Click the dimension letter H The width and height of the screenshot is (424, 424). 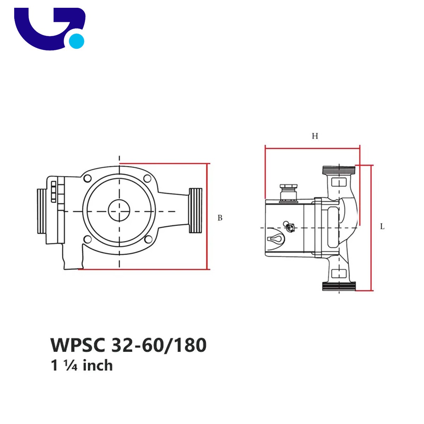[x=315, y=136]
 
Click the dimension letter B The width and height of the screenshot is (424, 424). [x=220, y=218]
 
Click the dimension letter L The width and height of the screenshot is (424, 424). [x=382, y=226]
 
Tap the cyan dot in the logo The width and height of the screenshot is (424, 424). [x=76, y=41]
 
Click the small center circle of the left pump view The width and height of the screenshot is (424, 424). [x=119, y=210]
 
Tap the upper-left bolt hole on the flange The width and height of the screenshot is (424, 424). [x=88, y=178]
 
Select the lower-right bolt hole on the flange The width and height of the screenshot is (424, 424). [x=148, y=239]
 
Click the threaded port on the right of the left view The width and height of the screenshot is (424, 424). [x=196, y=211]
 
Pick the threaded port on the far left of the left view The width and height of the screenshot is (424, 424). [x=41, y=211]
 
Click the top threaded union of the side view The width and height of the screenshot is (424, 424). [x=339, y=170]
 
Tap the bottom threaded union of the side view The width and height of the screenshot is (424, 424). [x=339, y=286]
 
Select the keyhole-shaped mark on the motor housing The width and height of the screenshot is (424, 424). [x=275, y=239]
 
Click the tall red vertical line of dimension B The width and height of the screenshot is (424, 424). [x=207, y=216]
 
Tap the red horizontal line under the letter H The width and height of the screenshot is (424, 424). [x=312, y=148]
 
